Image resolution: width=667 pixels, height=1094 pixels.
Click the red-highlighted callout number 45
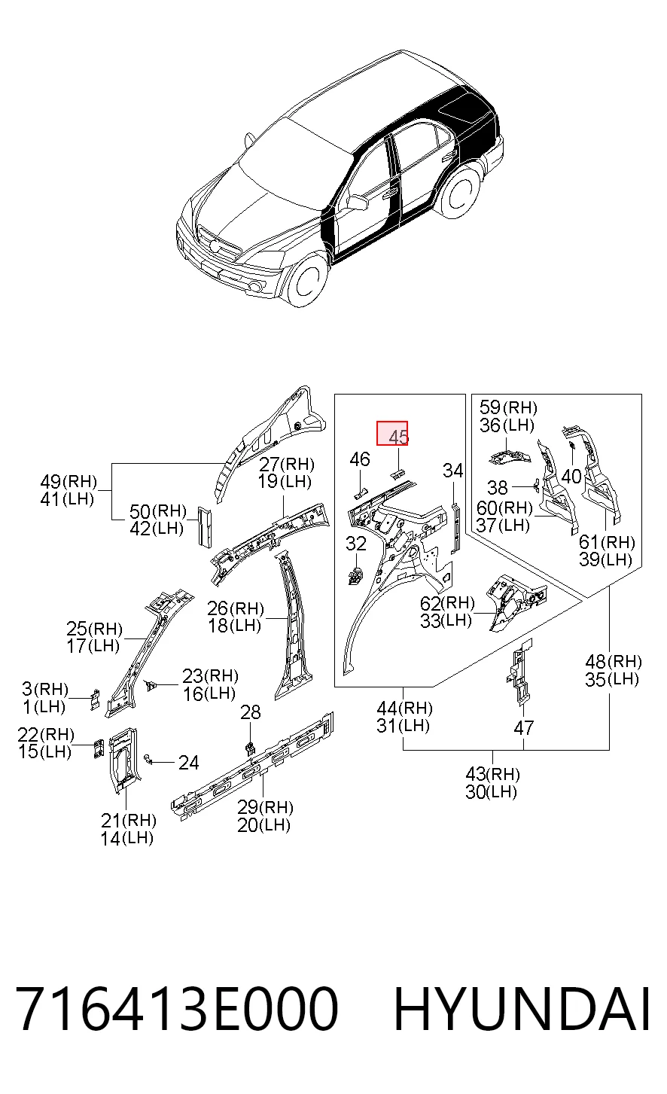pyautogui.click(x=398, y=437)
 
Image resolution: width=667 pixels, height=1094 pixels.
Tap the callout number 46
pyautogui.click(x=360, y=459)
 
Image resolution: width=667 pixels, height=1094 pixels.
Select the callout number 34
pyautogui.click(x=452, y=471)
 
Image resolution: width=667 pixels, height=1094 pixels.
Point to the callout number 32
pyautogui.click(x=355, y=544)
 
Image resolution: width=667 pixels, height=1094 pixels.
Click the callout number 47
pyautogui.click(x=523, y=728)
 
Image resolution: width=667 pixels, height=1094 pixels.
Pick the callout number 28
pyautogui.click(x=251, y=712)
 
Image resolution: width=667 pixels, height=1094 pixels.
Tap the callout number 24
pyautogui.click(x=188, y=763)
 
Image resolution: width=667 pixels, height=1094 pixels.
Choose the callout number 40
pyautogui.click(x=571, y=476)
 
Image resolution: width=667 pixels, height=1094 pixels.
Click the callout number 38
pyautogui.click(x=498, y=487)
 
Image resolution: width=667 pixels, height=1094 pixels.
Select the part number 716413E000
pyautogui.click(x=177, y=1008)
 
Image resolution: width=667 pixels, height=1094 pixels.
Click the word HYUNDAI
pyautogui.click(x=522, y=1008)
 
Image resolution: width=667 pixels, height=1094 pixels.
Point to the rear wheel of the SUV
pyautogui.click(x=460, y=191)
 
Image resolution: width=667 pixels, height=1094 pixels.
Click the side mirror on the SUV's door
pyautogui.click(x=358, y=202)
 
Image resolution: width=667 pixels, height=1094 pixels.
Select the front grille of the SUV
pyautogui.click(x=219, y=242)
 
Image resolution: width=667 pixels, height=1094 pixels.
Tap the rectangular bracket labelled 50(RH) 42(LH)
pyautogui.click(x=205, y=526)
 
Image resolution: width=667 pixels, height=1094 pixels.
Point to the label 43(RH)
pyautogui.click(x=492, y=773)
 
